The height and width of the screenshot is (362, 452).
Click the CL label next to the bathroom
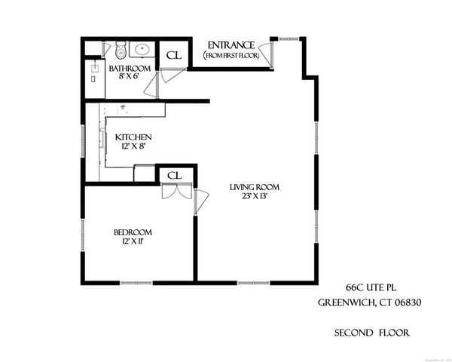point(173,55)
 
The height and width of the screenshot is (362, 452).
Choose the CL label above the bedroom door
point(174,175)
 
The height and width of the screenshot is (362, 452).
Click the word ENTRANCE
point(231,45)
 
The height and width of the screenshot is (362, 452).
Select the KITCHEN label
point(133,137)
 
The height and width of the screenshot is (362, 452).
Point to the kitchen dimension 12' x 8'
point(133,146)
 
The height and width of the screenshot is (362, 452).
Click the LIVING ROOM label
point(255,187)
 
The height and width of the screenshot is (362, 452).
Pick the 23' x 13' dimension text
point(255,197)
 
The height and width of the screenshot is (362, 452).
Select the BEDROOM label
point(133,232)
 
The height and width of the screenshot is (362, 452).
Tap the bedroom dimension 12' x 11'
point(133,242)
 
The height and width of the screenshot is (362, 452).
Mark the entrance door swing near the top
point(283,51)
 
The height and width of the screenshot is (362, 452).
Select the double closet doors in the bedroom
point(172,192)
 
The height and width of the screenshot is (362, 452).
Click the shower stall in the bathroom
point(94,78)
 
